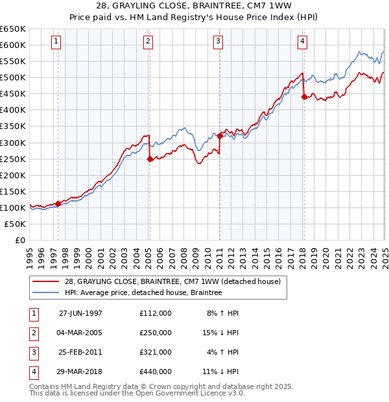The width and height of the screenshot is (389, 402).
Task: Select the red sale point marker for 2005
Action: pos(150,159)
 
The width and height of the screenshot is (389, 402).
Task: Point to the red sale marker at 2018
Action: pos(304,97)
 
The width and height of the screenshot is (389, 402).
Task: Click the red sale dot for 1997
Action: pos(58,204)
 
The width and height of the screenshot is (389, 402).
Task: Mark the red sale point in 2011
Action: pos(220,136)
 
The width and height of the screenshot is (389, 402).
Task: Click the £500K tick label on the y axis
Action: pos(13,78)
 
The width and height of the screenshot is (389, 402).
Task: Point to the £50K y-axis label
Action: pos(16,224)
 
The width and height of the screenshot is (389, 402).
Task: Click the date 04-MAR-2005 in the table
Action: pos(81,333)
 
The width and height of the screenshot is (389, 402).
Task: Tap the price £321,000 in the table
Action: pos(156,352)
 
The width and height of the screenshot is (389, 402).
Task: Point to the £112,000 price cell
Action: pos(156,313)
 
